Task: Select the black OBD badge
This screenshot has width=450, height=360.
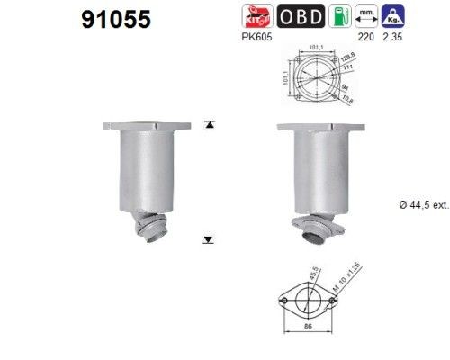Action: pos(296,17)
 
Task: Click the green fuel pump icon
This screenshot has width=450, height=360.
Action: pos(337,17)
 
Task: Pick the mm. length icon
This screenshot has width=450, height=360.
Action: pos(366,17)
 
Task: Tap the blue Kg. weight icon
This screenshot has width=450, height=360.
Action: pos(394,17)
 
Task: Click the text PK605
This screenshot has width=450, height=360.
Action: pos(256,39)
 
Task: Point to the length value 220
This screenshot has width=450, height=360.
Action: pos(366,39)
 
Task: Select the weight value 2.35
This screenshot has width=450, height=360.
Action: pos(394,39)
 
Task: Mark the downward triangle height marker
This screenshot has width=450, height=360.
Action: pos(209,239)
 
